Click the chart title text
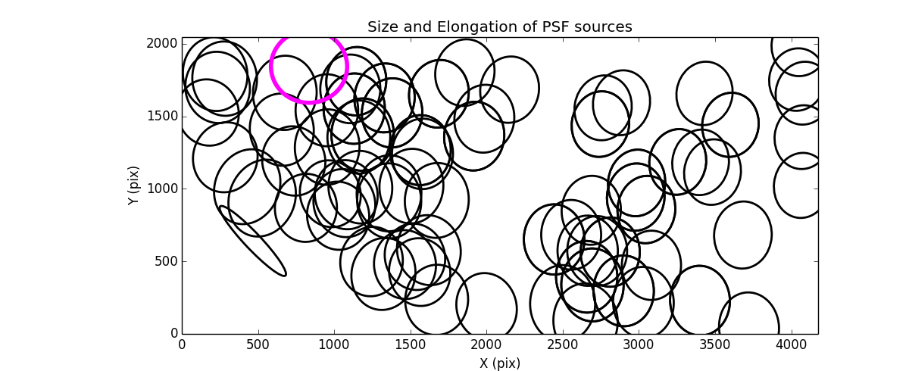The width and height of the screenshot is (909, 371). (499, 27)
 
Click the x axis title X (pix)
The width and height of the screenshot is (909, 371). (499, 363)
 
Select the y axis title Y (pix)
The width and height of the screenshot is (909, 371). (133, 185)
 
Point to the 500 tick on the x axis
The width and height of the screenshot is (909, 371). (258, 345)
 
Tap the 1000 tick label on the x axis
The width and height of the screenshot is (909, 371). (334, 345)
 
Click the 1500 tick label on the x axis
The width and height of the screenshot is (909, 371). (410, 345)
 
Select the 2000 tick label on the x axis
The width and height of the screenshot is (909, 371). (486, 345)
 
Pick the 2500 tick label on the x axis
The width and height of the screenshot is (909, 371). (562, 345)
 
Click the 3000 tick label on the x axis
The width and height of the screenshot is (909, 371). (638, 345)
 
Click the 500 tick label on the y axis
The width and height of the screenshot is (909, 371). (165, 261)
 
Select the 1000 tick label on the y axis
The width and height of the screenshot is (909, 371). (162, 189)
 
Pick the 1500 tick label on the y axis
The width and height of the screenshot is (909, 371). (162, 116)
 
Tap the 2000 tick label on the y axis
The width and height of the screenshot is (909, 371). (162, 44)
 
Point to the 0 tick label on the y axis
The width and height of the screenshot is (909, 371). (173, 333)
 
